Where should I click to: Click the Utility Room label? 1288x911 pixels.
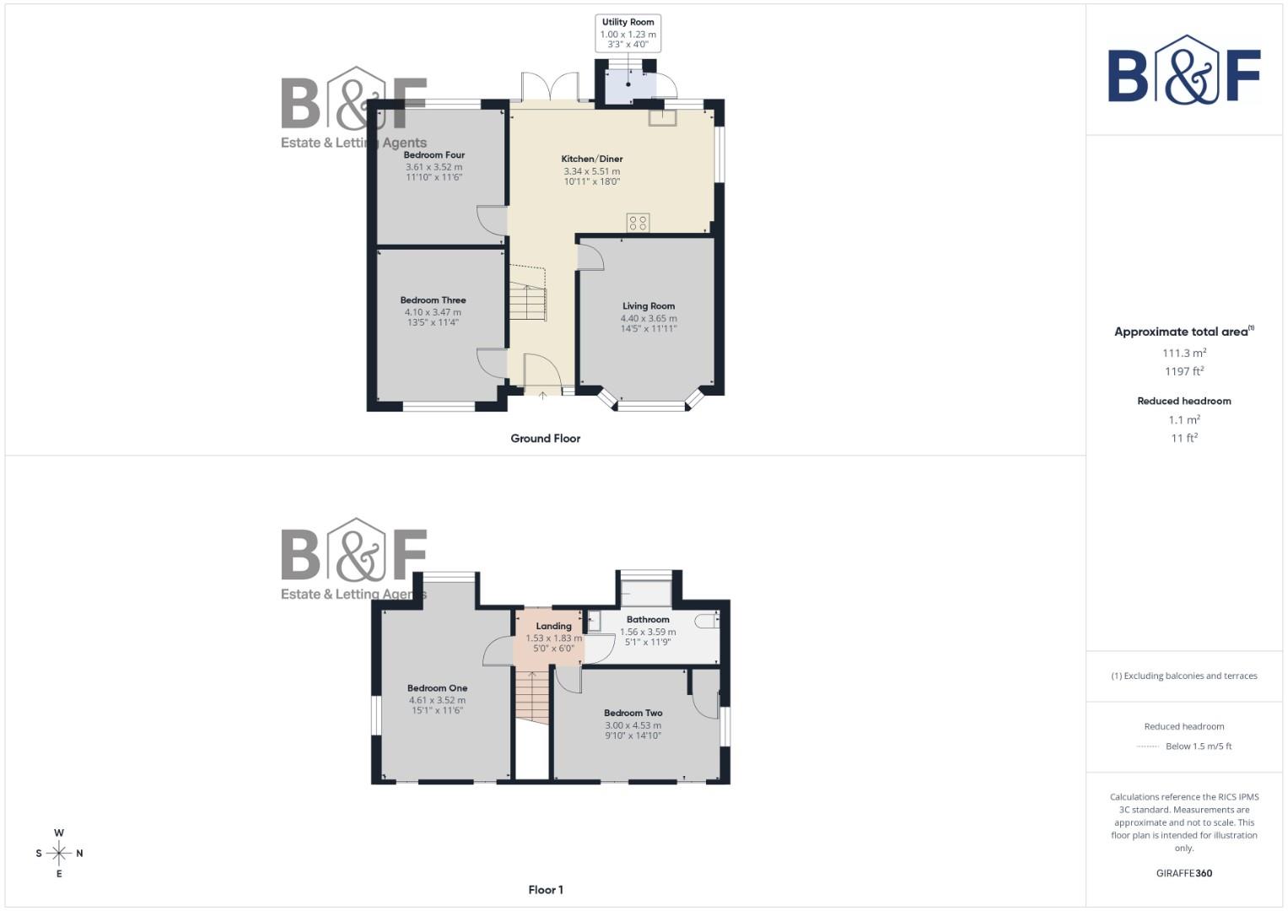tap(628, 23)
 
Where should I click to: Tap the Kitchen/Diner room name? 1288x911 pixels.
tap(592, 159)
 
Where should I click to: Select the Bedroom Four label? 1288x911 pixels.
tap(434, 155)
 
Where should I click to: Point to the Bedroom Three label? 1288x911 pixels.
tap(433, 300)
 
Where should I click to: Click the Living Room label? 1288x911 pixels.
tap(649, 306)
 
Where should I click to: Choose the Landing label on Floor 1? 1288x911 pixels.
tap(553, 626)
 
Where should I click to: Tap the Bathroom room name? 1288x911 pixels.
tap(648, 620)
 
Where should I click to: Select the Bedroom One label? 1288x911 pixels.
tap(437, 688)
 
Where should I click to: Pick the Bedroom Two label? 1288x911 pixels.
tap(633, 714)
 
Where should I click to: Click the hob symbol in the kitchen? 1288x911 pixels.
tap(639, 223)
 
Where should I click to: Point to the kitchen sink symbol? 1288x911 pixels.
tap(662, 117)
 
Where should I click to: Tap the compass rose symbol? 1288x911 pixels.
tap(59, 854)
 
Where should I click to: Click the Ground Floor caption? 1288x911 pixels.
tap(545, 439)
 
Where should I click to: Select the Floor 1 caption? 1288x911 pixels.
tap(545, 890)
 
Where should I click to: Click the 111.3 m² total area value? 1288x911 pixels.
tap(1183, 353)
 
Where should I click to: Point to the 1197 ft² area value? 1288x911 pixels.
tap(1183, 372)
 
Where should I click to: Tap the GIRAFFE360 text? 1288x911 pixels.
tap(1183, 874)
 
